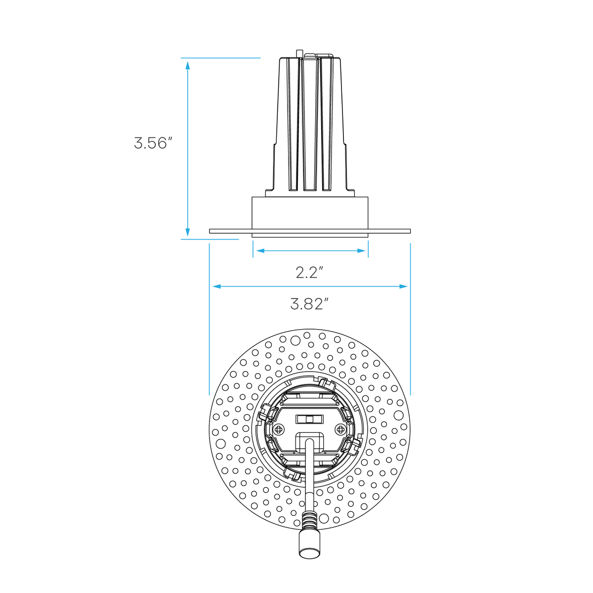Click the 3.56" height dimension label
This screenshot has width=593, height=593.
tap(153, 143)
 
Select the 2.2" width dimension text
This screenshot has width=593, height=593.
tap(309, 272)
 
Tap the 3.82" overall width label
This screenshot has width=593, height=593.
tap(309, 304)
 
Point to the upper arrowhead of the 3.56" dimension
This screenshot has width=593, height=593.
tap(188, 65)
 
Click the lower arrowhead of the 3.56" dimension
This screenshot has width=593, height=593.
tap(188, 232)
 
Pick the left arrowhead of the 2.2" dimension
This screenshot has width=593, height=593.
tap(260, 251)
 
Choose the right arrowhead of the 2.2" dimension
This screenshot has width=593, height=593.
tap(361, 251)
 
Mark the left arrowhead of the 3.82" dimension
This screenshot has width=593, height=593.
tap(217, 287)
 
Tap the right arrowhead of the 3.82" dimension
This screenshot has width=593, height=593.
tap(403, 287)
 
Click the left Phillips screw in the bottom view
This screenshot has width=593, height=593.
tap(279, 429)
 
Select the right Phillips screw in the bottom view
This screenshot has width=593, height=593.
tap(340, 429)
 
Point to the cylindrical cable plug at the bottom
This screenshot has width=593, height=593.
tap(309, 549)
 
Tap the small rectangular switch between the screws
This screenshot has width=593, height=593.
tap(309, 419)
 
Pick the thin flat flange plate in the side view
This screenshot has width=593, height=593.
tap(309, 231)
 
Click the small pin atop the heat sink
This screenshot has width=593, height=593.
tap(299, 54)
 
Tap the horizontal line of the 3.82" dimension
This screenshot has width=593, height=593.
tap(310, 287)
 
